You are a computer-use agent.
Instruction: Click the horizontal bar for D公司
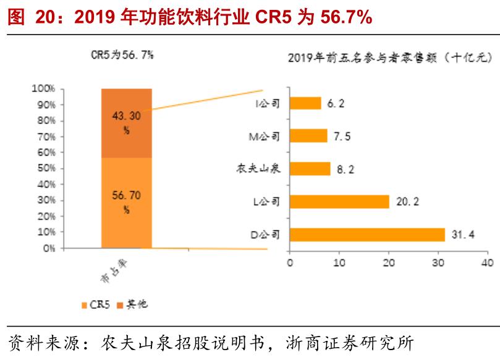click(367, 235)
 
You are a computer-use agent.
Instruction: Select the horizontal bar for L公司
click(339, 201)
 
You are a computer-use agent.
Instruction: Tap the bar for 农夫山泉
click(309, 169)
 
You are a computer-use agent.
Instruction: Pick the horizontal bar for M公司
click(308, 136)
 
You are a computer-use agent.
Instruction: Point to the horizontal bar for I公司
click(305, 103)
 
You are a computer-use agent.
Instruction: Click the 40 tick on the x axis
click(487, 262)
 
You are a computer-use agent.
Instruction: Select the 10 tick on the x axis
click(339, 262)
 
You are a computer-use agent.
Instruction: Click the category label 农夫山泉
click(259, 169)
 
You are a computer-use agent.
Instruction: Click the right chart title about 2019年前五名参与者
click(389, 58)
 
